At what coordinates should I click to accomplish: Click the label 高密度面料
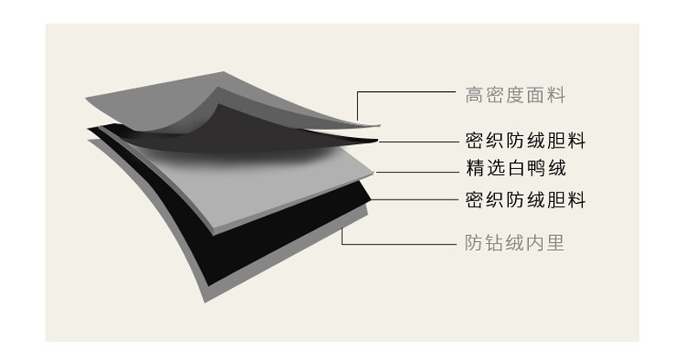pyautogui.click(x=515, y=95)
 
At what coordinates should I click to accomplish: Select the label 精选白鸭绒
pyautogui.click(x=516, y=168)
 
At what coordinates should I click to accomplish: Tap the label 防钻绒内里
pyautogui.click(x=515, y=243)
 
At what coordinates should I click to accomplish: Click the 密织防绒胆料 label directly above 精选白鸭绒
pyautogui.click(x=525, y=141)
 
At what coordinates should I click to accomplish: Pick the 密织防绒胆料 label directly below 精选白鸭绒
pyautogui.click(x=525, y=200)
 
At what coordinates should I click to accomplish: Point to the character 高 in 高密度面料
pyautogui.click(x=473, y=95)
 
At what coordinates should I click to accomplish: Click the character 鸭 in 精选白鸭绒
pyautogui.click(x=536, y=168)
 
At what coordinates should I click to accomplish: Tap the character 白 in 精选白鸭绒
pyautogui.click(x=516, y=168)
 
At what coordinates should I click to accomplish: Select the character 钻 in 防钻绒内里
pyautogui.click(x=494, y=243)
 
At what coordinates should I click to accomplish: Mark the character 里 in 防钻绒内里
pyautogui.click(x=556, y=243)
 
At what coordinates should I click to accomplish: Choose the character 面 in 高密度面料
pyautogui.click(x=536, y=95)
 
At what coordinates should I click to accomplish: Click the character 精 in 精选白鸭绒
pyautogui.click(x=474, y=168)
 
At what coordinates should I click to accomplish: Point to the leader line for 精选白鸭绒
pyautogui.click(x=417, y=172)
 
